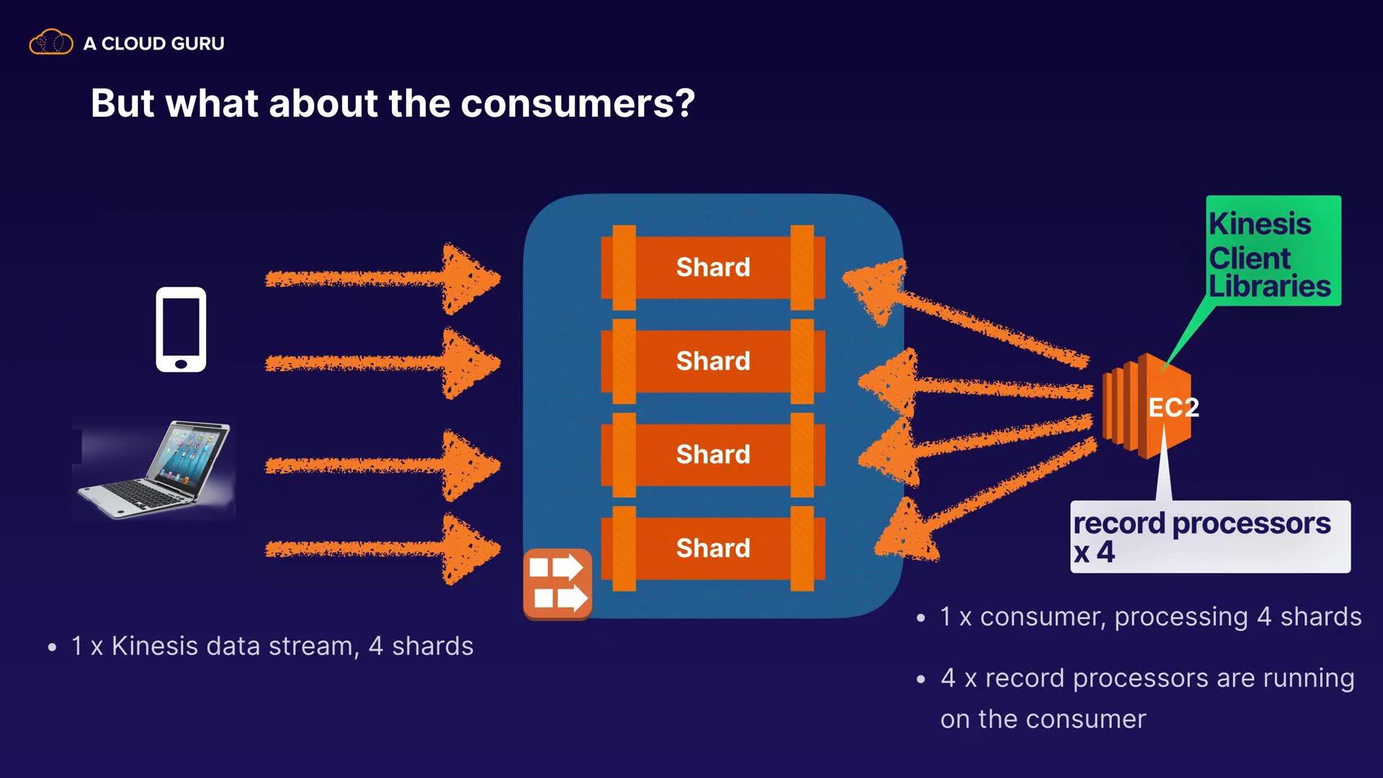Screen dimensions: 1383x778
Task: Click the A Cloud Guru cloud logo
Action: point(51,43)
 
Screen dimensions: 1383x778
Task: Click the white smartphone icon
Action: point(181,329)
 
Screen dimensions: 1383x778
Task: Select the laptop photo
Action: point(154,468)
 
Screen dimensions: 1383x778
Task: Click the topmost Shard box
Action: point(713,267)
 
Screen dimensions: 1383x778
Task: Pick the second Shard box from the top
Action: point(713,361)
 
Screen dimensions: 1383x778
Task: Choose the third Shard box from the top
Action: point(713,455)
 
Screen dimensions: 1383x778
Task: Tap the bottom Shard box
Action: point(713,548)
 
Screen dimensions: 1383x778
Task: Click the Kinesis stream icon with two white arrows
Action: point(558,584)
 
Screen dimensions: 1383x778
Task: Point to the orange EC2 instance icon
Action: point(1146,406)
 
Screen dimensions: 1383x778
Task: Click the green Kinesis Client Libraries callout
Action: point(1274,251)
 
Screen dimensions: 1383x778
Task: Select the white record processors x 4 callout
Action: point(1210,537)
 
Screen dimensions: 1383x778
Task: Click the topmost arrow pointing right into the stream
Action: point(382,278)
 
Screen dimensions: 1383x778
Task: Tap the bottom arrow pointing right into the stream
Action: point(382,549)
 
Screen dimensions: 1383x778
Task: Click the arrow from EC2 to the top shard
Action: point(965,311)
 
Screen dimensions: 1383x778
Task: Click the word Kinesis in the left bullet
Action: point(154,646)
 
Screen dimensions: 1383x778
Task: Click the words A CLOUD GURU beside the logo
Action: point(154,43)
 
